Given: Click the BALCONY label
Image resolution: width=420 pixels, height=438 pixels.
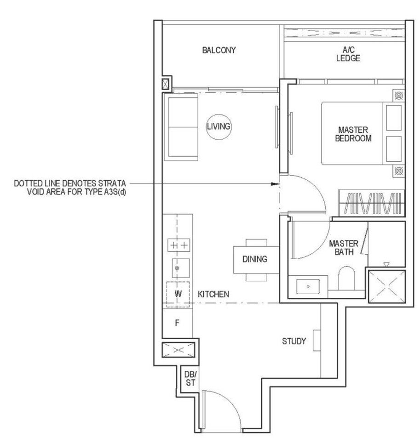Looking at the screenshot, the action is [x=219, y=50].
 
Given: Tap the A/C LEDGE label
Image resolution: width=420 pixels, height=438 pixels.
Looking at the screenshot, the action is [x=348, y=54].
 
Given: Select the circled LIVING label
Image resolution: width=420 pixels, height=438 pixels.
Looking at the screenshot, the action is [x=219, y=126].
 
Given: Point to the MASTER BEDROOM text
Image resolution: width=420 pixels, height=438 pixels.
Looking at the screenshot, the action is [x=353, y=134].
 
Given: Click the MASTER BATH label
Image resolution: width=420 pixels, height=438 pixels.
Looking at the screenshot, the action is [x=344, y=248].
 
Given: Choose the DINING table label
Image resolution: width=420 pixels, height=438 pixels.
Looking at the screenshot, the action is [x=255, y=259].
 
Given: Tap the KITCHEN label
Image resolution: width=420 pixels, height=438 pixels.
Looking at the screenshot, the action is [x=213, y=294].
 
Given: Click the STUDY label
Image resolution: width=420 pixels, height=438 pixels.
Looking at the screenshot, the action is [x=294, y=341].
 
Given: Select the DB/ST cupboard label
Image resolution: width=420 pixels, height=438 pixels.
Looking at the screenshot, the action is [x=190, y=379].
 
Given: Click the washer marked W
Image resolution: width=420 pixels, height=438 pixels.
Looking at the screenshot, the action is [x=178, y=295].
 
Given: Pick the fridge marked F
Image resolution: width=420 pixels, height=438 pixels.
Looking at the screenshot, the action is [x=177, y=323].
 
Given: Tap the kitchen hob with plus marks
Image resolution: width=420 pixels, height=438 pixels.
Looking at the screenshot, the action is [x=178, y=245].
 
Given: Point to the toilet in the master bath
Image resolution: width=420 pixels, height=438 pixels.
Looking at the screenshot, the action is [x=346, y=278].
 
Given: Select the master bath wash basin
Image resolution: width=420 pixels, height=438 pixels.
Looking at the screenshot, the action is [x=308, y=287].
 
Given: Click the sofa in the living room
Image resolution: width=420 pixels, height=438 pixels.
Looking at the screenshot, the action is [x=181, y=127].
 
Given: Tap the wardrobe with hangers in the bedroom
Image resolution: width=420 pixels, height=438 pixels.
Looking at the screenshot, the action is [x=372, y=203].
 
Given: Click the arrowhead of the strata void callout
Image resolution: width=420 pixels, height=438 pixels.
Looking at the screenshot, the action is [x=276, y=184].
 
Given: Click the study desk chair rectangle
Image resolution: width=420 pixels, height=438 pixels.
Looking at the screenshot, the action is [x=316, y=340].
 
